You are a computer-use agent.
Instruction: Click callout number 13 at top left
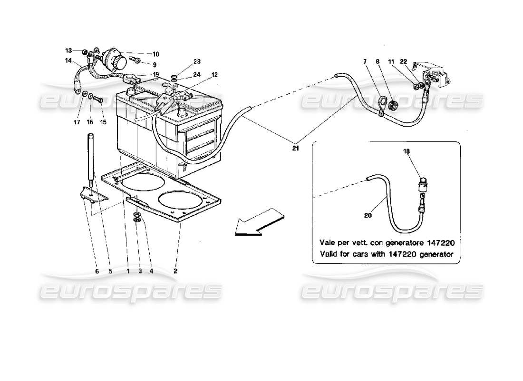click(68, 50)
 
